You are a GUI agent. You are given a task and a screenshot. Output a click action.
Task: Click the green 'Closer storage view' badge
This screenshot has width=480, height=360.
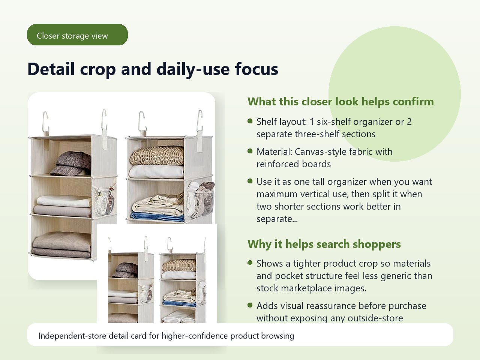point(77,35)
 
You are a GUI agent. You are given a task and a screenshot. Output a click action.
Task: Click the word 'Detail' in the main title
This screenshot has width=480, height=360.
point(51,69)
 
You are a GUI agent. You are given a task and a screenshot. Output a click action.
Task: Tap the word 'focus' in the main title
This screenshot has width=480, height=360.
point(256,69)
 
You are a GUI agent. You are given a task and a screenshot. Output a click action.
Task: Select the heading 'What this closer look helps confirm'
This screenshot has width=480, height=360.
point(340,102)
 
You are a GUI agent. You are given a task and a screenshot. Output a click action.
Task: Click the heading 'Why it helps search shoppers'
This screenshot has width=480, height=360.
point(324,244)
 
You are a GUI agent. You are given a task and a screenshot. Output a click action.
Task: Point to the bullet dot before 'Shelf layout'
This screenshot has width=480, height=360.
point(250,121)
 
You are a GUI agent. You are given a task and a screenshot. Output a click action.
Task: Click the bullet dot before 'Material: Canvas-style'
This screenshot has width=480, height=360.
point(250,151)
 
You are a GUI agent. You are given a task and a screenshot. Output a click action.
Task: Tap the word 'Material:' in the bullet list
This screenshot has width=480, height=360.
point(274,152)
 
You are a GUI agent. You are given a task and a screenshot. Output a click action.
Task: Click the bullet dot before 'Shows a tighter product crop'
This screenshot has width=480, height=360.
point(250,263)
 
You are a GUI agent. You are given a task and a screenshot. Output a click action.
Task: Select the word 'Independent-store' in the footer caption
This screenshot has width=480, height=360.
point(72,336)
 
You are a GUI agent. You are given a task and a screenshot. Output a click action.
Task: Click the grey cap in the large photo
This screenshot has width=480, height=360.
point(71,163)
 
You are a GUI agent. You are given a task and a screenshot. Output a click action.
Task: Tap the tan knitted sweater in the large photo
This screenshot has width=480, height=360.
point(157,156)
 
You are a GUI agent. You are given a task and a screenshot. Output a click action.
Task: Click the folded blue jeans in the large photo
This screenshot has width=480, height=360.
point(157,217)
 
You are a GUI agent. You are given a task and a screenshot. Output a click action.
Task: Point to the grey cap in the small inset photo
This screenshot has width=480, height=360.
point(125,270)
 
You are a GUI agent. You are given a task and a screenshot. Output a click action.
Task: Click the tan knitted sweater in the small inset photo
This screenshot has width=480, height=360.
point(178,265)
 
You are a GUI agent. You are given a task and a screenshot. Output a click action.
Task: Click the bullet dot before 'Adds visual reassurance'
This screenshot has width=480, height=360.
point(250,305)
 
